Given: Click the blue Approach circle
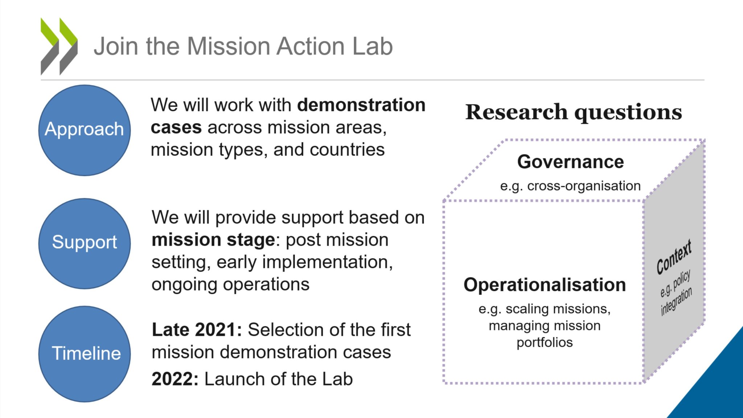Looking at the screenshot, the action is [x=85, y=130].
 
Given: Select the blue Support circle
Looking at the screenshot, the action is [x=85, y=243].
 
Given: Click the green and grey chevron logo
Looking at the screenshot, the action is [x=59, y=46].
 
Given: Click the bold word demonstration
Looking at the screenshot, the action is [x=361, y=105].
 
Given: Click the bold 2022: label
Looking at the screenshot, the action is [x=175, y=379].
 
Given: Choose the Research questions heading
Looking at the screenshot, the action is [x=574, y=112].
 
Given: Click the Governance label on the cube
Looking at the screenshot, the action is [x=571, y=162].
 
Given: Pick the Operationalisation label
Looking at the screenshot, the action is [x=545, y=285].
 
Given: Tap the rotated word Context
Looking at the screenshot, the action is [x=674, y=256].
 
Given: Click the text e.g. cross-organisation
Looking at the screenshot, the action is [x=570, y=186].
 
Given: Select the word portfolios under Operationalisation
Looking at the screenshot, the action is [x=545, y=342].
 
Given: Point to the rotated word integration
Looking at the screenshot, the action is [x=676, y=301].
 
